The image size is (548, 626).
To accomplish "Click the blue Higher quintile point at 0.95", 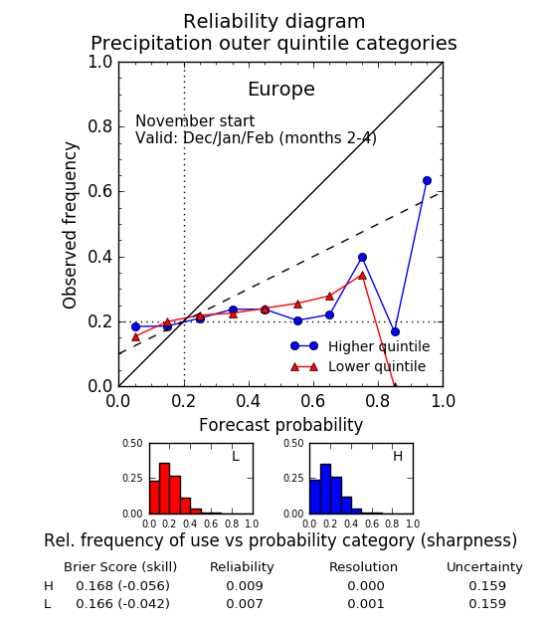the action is pyautogui.click(x=427, y=180).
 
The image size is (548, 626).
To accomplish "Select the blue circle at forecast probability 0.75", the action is pyautogui.click(x=362, y=257).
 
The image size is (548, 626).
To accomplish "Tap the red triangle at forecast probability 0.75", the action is pyautogui.click(x=362, y=275).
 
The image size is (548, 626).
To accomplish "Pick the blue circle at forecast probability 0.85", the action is pyautogui.click(x=395, y=331).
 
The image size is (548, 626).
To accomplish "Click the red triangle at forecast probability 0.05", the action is pyautogui.click(x=135, y=337).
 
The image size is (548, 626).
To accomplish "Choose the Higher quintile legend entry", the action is pyautogui.click(x=360, y=346).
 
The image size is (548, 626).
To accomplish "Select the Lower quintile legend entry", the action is pyautogui.click(x=358, y=366).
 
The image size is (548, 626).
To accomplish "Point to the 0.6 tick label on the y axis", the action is pyautogui.click(x=100, y=191).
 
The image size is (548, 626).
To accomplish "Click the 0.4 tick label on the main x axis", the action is pyautogui.click(x=249, y=401).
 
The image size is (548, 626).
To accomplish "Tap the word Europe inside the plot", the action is pyautogui.click(x=281, y=89).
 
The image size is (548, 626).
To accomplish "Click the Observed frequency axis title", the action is pyautogui.click(x=70, y=225).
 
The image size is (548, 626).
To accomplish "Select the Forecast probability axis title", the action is pyautogui.click(x=280, y=425).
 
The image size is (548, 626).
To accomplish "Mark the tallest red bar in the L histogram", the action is pyautogui.click(x=165, y=489).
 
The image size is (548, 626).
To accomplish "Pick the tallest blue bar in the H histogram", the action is pyautogui.click(x=325, y=489).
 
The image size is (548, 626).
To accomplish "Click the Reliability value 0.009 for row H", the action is pyautogui.click(x=245, y=585).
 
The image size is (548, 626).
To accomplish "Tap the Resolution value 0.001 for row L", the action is pyautogui.click(x=366, y=604).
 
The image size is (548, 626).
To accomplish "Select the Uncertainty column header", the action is pyautogui.click(x=484, y=567).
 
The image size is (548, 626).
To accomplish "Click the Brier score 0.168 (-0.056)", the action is pyautogui.click(x=123, y=585).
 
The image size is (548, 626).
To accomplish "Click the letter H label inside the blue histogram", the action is pyautogui.click(x=398, y=456).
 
